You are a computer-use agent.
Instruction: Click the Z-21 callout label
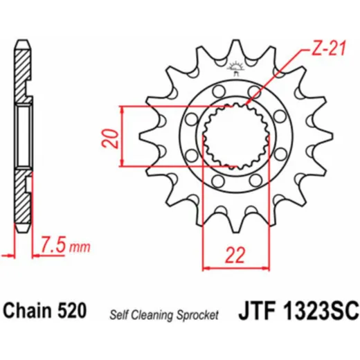point(329,49)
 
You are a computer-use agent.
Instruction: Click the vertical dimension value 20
point(110,138)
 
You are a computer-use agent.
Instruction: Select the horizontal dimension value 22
point(235,255)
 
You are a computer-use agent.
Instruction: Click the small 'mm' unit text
point(80,247)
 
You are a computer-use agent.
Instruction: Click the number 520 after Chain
point(72,310)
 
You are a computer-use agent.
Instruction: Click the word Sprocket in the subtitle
point(197,315)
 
